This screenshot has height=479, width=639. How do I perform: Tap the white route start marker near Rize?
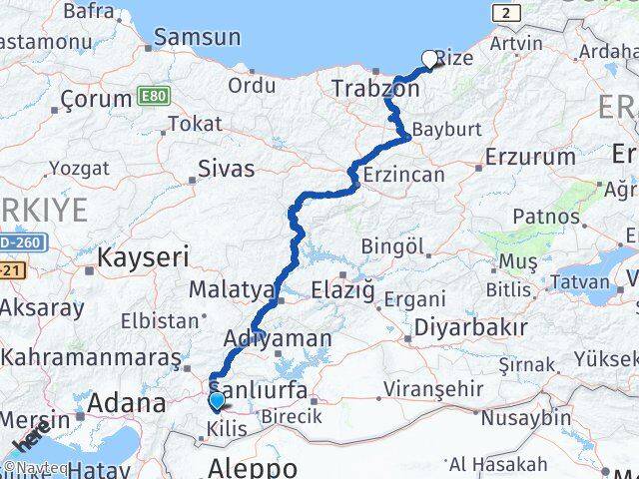tap(431, 59)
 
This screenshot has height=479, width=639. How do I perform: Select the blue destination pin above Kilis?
tap(217, 401)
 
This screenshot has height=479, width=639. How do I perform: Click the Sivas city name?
tap(226, 169)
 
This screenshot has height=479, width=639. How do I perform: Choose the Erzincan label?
tap(404, 174)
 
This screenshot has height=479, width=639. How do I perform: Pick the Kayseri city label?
tap(143, 257)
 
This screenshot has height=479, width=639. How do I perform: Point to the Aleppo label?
tap(253, 467)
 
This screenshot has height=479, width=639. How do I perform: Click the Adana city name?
tap(127, 404)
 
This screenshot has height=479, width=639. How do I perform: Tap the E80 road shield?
tap(155, 96)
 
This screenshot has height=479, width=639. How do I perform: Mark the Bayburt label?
tap(446, 131)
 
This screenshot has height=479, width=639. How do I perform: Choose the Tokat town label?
tap(195, 124)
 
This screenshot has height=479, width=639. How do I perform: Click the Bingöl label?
tap(393, 245)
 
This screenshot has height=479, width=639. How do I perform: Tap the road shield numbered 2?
tap(507, 12)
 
